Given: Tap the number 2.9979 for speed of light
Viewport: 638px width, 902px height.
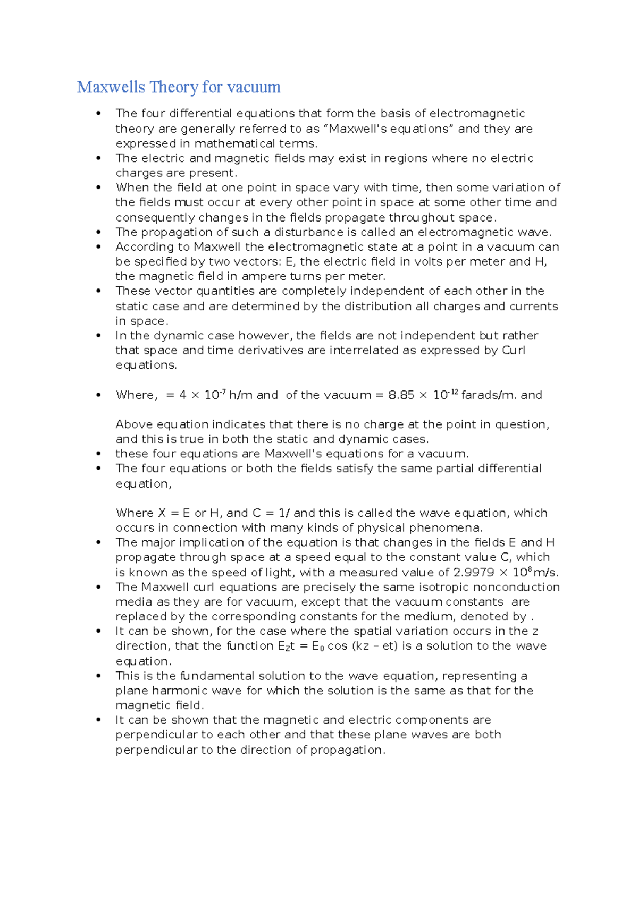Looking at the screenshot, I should (473, 573).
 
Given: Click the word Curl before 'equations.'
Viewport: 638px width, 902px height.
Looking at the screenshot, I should (514, 351).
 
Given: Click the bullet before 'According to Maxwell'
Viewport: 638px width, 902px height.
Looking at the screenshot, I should (98, 247).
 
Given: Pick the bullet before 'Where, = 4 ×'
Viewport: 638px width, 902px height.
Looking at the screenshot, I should (98, 395).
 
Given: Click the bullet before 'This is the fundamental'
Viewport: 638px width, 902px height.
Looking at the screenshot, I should (98, 676).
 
